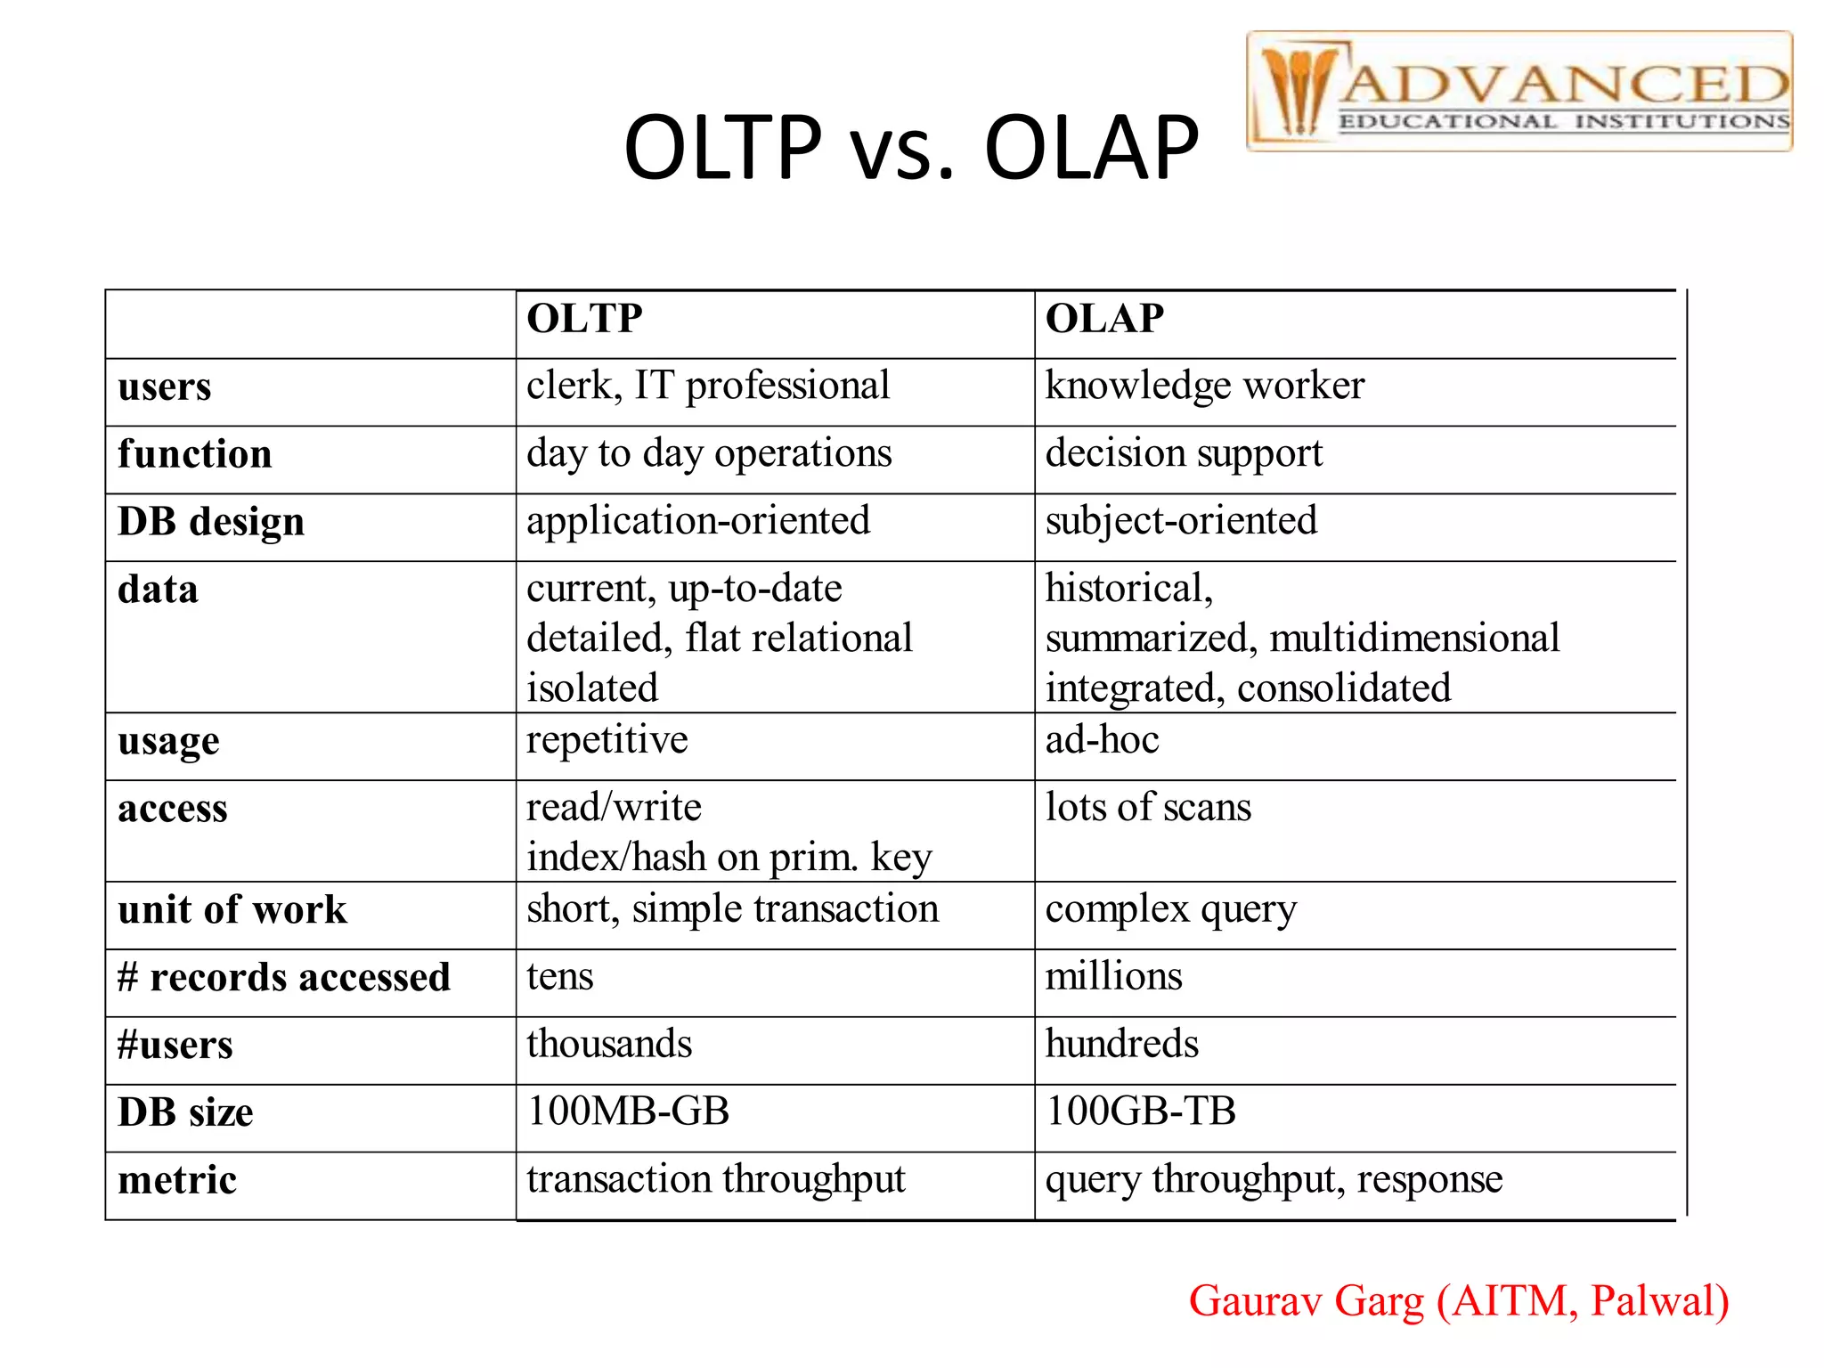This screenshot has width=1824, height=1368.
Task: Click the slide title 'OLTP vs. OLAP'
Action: [x=911, y=148]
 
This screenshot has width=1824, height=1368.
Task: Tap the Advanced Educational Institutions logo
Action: [x=1519, y=92]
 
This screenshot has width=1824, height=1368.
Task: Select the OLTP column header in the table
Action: [x=584, y=319]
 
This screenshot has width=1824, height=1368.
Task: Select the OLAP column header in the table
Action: [x=1104, y=319]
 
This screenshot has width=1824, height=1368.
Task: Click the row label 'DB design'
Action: [x=211, y=523]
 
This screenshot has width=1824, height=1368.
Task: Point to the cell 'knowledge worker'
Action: [x=1204, y=387]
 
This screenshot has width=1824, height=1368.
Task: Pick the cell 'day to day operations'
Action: [x=709, y=454]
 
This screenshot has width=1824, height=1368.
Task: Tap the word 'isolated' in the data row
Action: [x=592, y=688]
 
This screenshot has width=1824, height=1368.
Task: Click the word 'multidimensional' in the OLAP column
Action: [x=1414, y=639]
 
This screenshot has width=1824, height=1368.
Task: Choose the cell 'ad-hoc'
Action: [x=1102, y=740]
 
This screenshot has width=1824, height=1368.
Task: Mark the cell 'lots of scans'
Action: [x=1148, y=808]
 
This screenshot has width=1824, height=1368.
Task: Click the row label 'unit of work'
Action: [x=232, y=910]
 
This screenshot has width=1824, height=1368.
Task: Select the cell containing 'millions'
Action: [x=1113, y=977]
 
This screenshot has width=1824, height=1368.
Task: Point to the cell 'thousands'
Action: [x=609, y=1045]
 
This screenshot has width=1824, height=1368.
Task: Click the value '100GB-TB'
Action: [x=1141, y=1111]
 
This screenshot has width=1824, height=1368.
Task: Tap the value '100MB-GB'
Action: [x=629, y=1111]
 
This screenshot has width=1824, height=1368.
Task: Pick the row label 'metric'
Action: [x=177, y=1181]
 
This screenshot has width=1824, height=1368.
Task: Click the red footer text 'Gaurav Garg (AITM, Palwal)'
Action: [x=1459, y=1301]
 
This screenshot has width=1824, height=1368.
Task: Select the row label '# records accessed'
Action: [x=284, y=978]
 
